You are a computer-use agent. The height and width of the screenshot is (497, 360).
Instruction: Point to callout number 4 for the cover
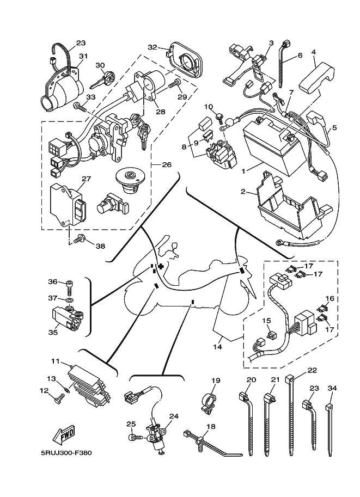pyautogui.click(x=314, y=53)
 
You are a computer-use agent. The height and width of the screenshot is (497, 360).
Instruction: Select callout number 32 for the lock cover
pyautogui.click(x=153, y=47)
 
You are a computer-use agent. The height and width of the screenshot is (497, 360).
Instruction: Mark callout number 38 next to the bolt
pyautogui.click(x=100, y=246)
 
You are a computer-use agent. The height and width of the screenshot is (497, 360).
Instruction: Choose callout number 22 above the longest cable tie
pyautogui.click(x=312, y=370)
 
